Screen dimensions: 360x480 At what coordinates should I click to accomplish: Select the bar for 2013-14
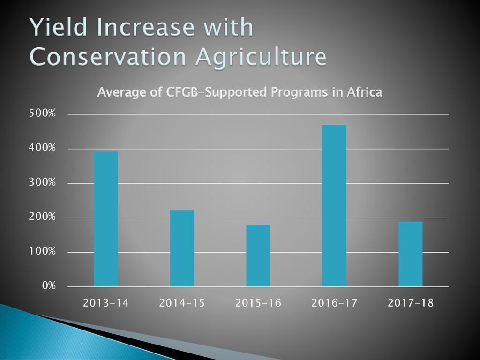pos(106,219)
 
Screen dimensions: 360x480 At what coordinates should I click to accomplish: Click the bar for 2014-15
pos(182,248)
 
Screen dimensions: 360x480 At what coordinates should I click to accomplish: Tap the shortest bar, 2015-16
pos(258,255)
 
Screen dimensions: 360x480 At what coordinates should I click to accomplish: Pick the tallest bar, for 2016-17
pos(334,206)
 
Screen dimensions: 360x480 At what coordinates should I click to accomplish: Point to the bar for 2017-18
pos(411,254)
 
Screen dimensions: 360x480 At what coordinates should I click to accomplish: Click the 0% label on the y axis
pos(49,286)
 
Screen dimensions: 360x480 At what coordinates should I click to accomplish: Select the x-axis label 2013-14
pos(106,303)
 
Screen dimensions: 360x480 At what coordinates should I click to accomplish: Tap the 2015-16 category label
pos(258,303)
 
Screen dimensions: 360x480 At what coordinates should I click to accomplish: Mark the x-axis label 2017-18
pos(411,303)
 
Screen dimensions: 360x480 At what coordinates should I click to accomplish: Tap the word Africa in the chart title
pos(364,92)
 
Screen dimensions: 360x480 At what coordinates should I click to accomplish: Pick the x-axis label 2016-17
pos(335,303)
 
